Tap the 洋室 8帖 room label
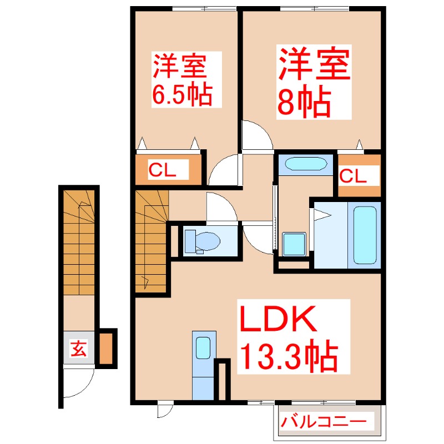[313, 80]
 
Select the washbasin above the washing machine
[304, 164]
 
